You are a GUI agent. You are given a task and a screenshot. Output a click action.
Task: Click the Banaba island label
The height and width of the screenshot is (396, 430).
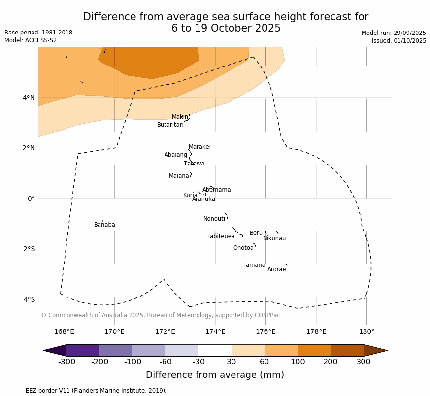coord(104,225)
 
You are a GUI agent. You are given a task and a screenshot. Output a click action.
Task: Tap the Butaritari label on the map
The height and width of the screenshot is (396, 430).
coord(170,125)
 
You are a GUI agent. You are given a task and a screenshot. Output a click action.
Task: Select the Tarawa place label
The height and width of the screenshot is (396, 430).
coord(194,164)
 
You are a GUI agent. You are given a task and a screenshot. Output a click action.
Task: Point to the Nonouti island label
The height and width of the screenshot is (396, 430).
coord(214,219)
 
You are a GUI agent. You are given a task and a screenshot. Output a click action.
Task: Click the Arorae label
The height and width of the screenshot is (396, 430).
coord(276,269)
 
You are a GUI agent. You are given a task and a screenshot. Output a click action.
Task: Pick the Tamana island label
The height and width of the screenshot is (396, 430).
coord(254,265)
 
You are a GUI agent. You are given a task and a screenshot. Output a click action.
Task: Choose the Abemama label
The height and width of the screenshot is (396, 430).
coord(216,190)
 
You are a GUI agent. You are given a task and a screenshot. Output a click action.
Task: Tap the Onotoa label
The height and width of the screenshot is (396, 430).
coord(243,248)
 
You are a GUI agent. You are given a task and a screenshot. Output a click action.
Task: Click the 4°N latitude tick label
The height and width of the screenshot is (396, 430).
coord(29,98)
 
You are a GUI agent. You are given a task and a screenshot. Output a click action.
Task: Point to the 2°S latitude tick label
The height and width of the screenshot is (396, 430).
coord(29,249)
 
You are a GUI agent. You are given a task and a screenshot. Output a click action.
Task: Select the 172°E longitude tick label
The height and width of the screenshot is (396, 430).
coord(165,331)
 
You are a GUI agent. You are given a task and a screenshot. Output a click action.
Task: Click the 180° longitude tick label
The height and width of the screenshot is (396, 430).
coord(366,331)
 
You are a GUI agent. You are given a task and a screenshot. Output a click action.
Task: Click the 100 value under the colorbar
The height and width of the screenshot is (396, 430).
coord(298,362)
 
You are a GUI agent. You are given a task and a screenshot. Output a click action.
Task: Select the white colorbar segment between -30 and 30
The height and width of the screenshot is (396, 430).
coord(215,350)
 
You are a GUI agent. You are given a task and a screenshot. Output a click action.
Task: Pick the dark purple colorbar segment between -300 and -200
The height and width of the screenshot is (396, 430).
coord(83,350)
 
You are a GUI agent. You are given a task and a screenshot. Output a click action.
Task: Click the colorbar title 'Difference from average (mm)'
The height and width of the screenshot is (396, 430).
coord(215,375)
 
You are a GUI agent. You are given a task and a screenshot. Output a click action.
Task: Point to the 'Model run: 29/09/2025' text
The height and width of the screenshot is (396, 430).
coord(394,33)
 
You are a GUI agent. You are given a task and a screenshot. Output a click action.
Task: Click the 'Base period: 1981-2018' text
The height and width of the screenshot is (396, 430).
coord(38,33)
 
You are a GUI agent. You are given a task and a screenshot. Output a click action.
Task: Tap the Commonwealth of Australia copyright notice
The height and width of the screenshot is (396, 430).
coord(160,315)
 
